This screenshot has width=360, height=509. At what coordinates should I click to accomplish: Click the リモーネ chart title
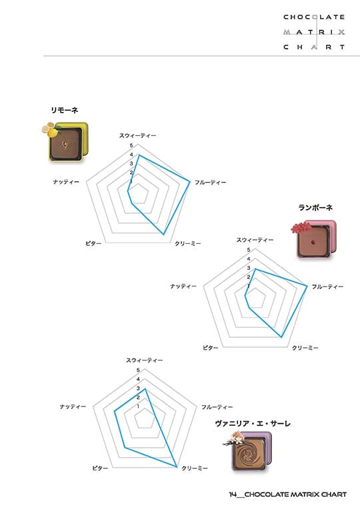(x=64, y=111)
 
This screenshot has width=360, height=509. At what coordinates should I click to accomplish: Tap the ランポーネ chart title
(x=315, y=207)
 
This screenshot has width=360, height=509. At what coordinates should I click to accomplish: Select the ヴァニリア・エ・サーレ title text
(x=253, y=423)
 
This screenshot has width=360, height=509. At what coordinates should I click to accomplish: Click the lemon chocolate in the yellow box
(x=65, y=142)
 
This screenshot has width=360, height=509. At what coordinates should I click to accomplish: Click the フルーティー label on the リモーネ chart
(x=210, y=183)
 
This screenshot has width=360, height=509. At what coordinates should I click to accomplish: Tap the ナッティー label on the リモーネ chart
(x=66, y=182)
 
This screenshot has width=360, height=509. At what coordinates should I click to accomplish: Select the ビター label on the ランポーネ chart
(x=211, y=348)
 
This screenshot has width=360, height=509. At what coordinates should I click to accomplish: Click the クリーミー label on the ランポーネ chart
(x=305, y=348)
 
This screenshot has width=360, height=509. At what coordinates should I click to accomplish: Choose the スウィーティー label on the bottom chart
(x=145, y=360)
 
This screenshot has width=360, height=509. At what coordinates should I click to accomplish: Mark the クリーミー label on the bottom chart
(x=195, y=468)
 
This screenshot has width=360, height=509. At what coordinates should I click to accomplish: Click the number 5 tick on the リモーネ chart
(x=131, y=146)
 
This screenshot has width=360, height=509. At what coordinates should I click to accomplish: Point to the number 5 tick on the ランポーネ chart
(x=249, y=250)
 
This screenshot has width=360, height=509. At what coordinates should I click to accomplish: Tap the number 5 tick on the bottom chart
(x=138, y=370)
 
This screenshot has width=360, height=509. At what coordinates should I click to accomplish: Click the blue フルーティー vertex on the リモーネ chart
(x=190, y=182)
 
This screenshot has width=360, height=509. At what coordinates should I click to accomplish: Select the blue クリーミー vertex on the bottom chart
(x=177, y=467)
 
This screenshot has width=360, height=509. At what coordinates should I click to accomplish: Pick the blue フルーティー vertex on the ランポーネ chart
(x=307, y=286)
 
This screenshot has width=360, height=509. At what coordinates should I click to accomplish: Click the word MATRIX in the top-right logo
(x=314, y=32)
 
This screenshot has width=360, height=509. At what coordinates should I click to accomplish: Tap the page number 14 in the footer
(x=233, y=494)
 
